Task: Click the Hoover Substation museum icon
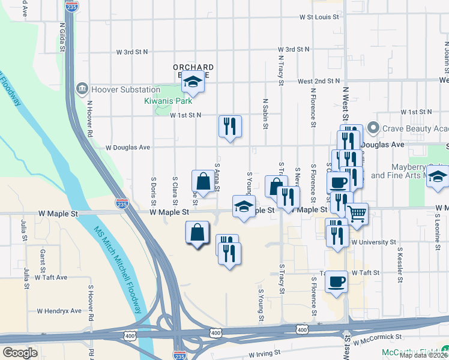point(81,89)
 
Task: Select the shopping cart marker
point(357,213)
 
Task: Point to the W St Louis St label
point(320,17)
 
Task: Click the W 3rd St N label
point(289,49)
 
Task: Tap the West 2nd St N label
point(318,80)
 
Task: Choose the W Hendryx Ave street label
point(59,311)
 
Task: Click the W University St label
point(374,242)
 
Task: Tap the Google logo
point(20,352)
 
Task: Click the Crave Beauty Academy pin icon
point(373,128)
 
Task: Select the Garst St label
point(43,262)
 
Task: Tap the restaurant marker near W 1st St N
point(230,125)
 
